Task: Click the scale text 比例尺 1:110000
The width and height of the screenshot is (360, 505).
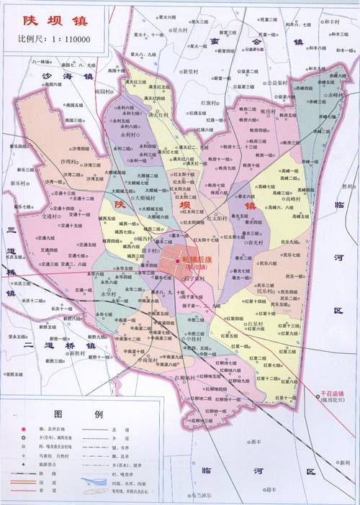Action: point(49,37)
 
